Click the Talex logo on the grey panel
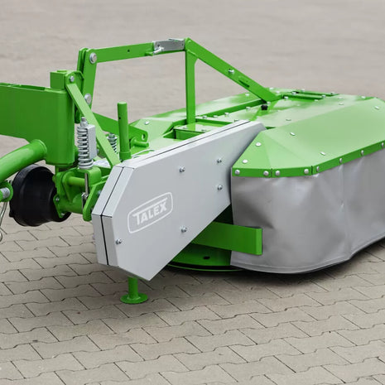150,213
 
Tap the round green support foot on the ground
134,296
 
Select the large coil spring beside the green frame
85,146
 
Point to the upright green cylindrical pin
123,131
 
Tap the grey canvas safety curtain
309,213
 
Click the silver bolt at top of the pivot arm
94,57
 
